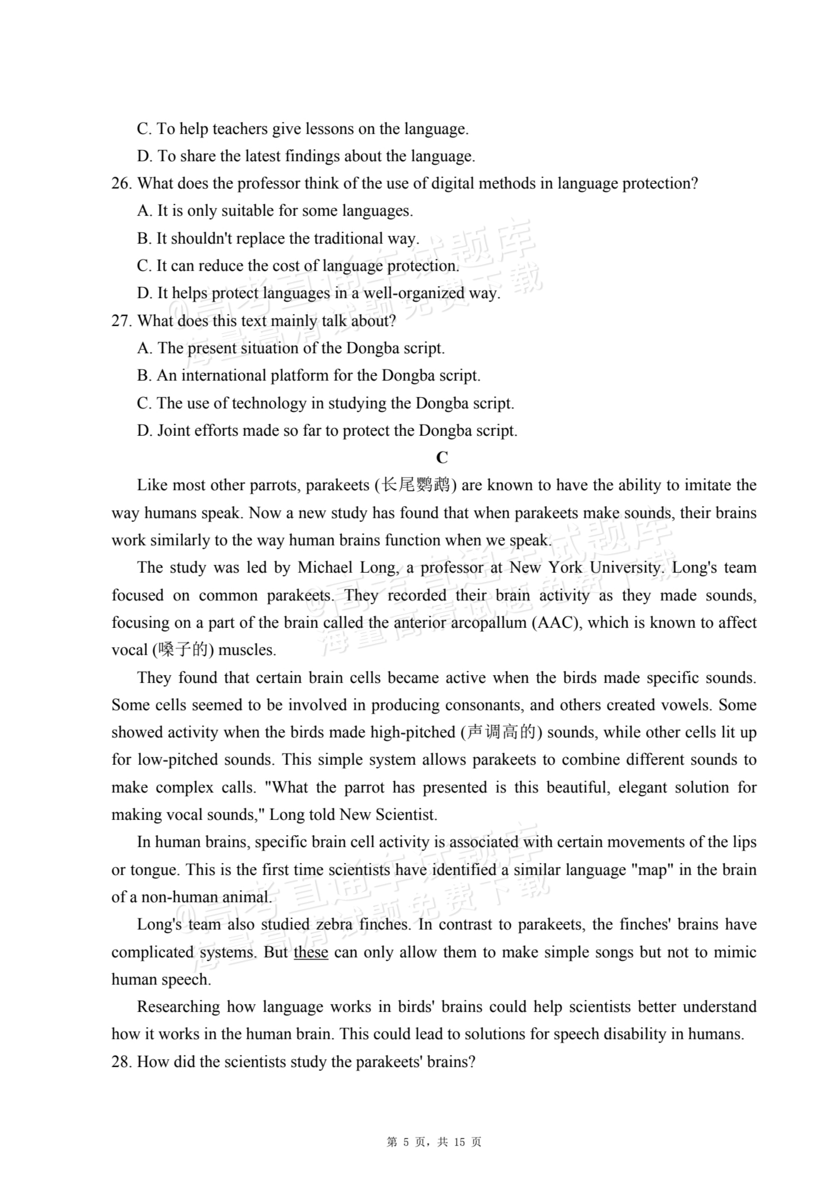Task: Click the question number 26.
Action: (x=122, y=184)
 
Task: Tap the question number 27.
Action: (x=122, y=321)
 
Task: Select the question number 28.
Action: (x=122, y=1062)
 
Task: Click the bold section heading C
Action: (x=442, y=458)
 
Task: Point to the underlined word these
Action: (x=311, y=952)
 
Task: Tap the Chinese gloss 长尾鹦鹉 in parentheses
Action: (x=415, y=486)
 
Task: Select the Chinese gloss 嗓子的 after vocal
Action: (x=183, y=650)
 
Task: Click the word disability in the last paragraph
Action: (x=634, y=1034)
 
